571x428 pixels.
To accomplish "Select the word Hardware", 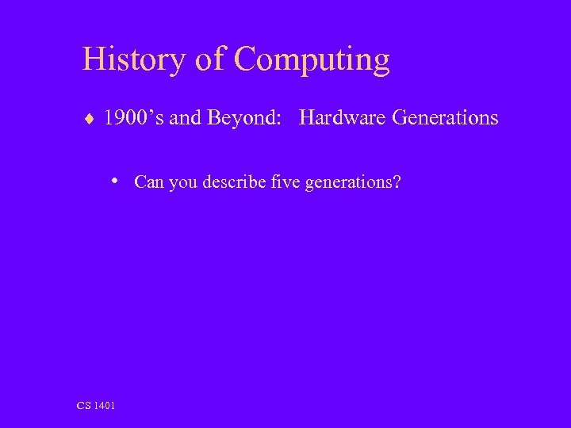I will click(343, 118).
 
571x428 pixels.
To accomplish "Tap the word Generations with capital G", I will click(445, 118).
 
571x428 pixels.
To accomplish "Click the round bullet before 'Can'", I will click(116, 180).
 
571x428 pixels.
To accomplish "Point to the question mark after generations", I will click(397, 182).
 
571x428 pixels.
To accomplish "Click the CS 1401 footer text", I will click(96, 406).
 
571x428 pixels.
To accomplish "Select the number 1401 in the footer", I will click(104, 406).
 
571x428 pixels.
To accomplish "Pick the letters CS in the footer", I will click(83, 406).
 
